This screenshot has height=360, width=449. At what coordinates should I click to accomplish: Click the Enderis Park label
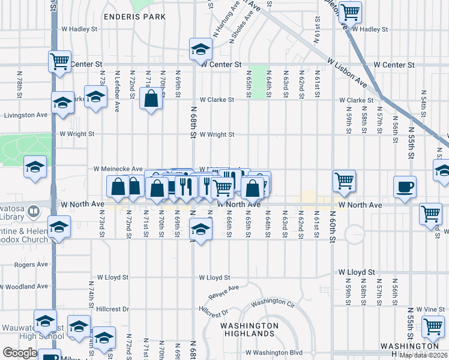pos(134,17)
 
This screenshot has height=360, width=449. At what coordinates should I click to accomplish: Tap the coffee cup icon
pos(405,186)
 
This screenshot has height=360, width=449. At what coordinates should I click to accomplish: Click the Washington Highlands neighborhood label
pos(240,329)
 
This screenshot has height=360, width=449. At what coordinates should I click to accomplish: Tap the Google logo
pos(20,353)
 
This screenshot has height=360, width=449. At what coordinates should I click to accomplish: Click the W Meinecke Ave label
pos(118,169)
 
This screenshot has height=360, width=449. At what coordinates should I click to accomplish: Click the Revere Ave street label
pos(223,292)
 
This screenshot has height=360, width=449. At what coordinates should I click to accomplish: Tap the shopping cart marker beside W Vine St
pos(433,326)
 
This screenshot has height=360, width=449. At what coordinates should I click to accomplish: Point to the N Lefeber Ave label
pos(117,93)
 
